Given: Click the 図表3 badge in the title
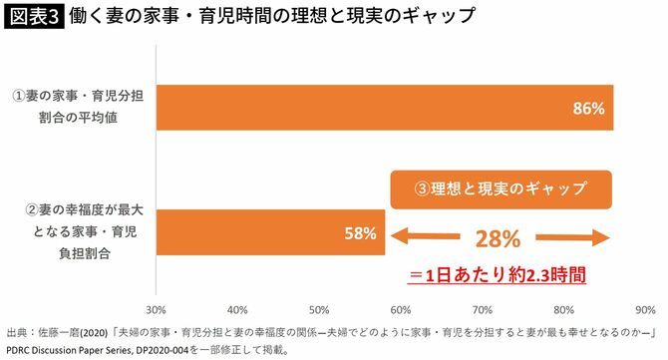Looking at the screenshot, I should click(x=33, y=17).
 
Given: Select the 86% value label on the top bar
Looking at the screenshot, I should click(x=590, y=109).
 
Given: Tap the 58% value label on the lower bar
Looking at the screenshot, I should click(x=360, y=235).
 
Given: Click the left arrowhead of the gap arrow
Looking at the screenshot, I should click(x=403, y=236).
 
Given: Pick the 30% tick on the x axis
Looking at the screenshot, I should click(x=156, y=308).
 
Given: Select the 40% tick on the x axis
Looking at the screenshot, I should click(x=237, y=308).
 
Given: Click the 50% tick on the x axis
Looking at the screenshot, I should click(x=319, y=308).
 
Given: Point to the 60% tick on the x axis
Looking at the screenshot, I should click(x=401, y=308).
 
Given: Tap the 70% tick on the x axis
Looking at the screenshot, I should click(x=483, y=308).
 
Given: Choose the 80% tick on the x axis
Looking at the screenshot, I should click(x=564, y=308).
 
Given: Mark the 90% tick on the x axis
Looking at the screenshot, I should click(x=645, y=308).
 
